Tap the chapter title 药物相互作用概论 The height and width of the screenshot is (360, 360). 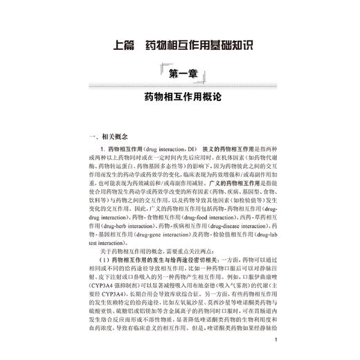click(x=179, y=98)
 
